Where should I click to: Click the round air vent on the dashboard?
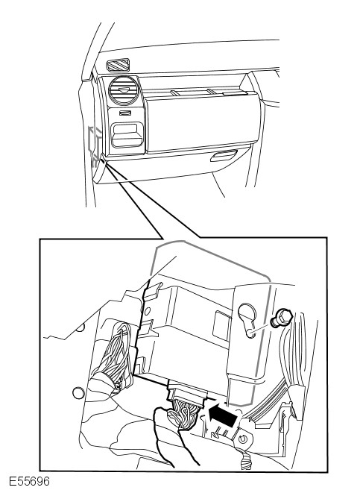(124, 90)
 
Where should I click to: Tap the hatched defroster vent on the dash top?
(118, 65)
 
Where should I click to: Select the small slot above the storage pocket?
(125, 113)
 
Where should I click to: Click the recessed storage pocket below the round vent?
(127, 135)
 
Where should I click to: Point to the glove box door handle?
(224, 155)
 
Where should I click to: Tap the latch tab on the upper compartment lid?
(234, 93)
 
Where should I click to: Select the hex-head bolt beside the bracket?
(281, 318)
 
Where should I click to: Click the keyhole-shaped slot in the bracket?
(247, 319)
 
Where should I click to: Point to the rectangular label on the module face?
(221, 326)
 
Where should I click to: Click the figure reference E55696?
(29, 481)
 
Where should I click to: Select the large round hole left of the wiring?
(78, 393)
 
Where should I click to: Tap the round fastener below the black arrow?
(243, 439)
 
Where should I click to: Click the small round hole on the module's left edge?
(148, 312)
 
